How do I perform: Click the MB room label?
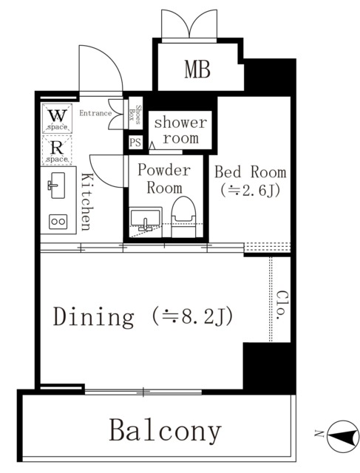coord(197,69)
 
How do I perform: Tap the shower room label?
coord(180,130)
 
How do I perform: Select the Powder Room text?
coord(164,179)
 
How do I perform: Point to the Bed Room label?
coord(250,172)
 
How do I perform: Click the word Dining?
coord(94,317)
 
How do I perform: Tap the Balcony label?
coord(166,431)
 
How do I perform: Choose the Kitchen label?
coord(86,202)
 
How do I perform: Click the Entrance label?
coord(95,113)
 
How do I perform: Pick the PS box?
coord(135,142)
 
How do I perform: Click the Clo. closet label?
coord(282,305)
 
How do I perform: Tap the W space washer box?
coord(58,118)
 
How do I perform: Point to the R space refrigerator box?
coord(58,150)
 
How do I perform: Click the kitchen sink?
coord(58,186)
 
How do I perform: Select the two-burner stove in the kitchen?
coord(58,222)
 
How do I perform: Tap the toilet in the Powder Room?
coord(183,217)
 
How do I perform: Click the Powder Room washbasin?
coord(146,220)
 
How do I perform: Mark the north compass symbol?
coord(343,436)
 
